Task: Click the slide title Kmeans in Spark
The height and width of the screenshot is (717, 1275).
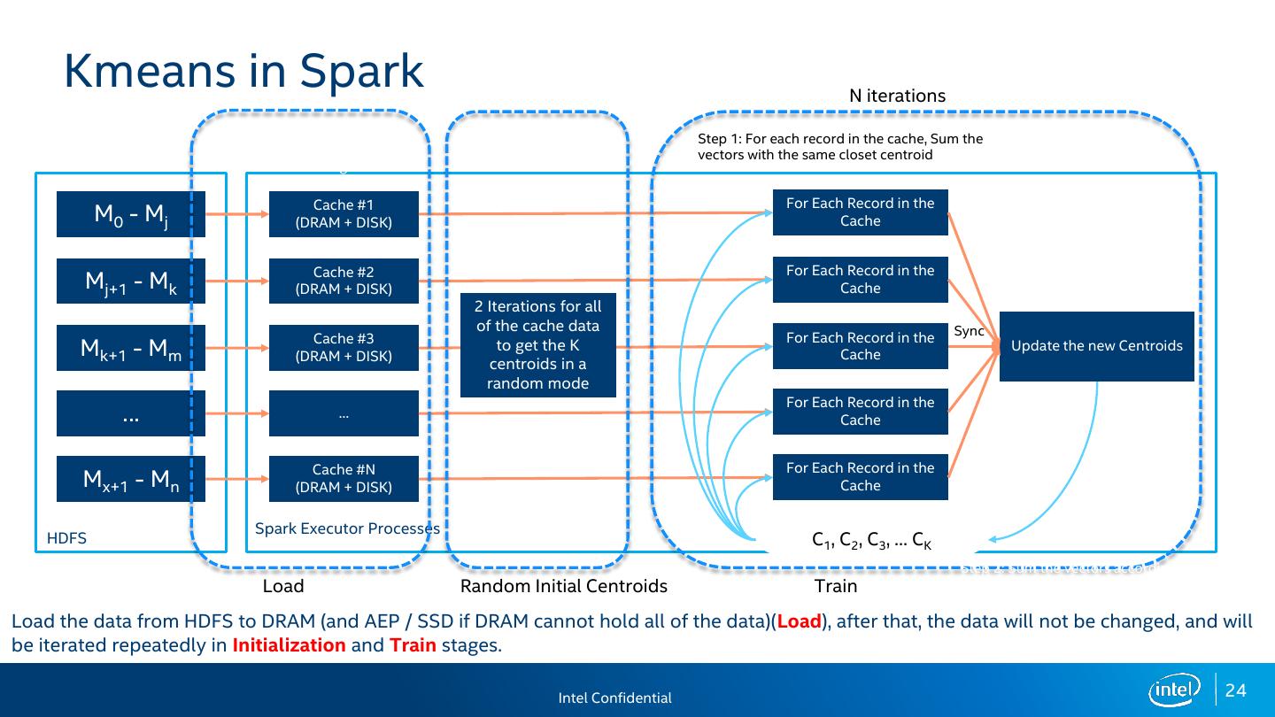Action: tap(243, 71)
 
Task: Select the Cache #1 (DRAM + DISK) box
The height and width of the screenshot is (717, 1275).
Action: tap(344, 214)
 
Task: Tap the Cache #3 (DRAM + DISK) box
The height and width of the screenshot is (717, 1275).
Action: tap(344, 348)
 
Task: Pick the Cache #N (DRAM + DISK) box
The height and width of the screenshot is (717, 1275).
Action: tap(344, 479)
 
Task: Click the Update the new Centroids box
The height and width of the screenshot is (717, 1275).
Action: tap(1096, 346)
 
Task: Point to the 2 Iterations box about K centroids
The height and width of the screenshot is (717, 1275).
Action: tap(537, 345)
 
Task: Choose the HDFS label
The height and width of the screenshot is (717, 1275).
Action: tap(66, 538)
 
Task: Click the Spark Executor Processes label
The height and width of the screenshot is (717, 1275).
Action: tap(347, 528)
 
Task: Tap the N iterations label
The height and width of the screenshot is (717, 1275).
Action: tap(897, 96)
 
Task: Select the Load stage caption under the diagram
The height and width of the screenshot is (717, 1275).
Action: tap(283, 586)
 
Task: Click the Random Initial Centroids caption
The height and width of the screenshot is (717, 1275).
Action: tap(564, 586)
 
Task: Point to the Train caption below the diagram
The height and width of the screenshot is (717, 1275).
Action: tap(836, 586)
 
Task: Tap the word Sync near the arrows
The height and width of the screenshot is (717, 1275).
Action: tap(970, 331)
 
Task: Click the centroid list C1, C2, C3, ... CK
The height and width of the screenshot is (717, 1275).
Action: tap(871, 540)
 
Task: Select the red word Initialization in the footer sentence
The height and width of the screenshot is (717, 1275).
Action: tap(289, 644)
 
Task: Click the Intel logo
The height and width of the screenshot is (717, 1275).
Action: tap(1174, 690)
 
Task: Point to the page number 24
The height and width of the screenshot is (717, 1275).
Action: tap(1236, 690)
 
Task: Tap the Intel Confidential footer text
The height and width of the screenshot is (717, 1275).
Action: tap(614, 698)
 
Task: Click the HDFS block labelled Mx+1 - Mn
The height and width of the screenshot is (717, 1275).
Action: tap(131, 480)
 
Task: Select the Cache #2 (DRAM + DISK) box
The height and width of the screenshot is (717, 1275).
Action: tap(344, 281)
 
